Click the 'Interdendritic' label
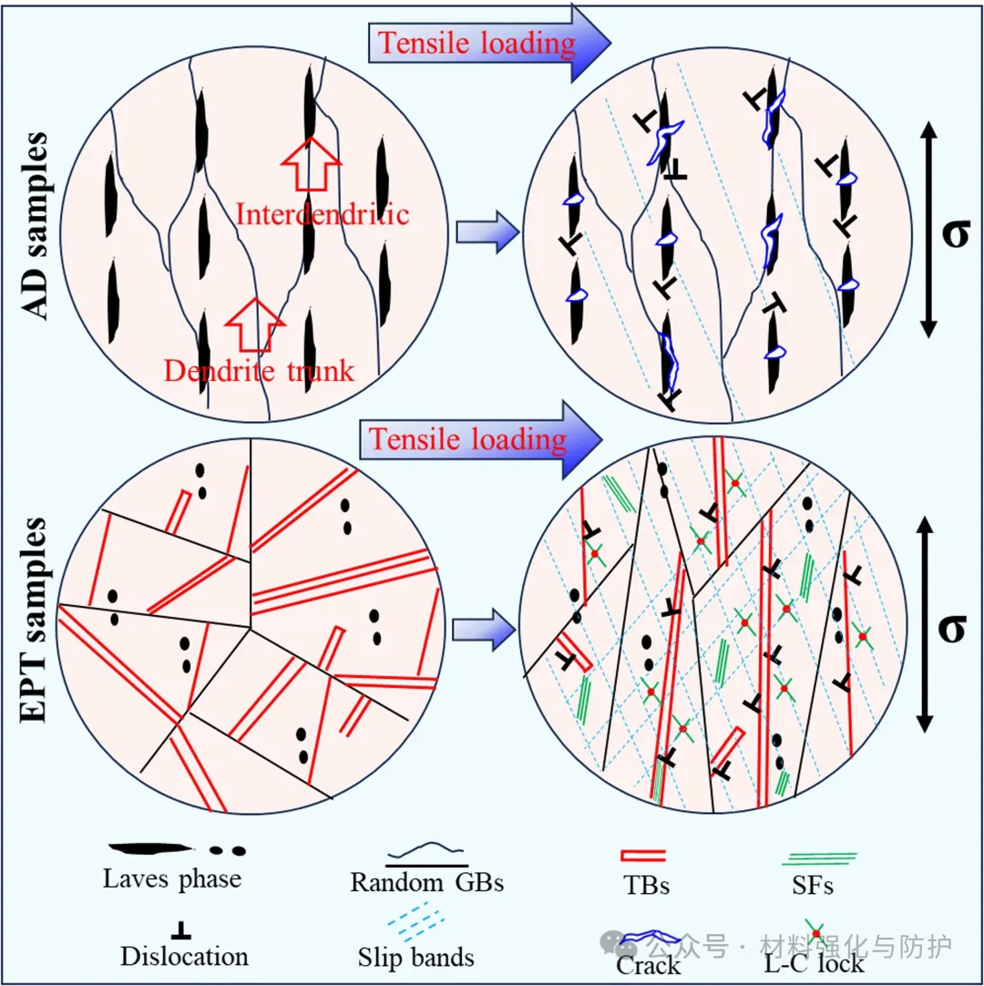coord(323,214)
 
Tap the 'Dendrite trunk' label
coord(259,371)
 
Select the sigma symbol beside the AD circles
coord(954,233)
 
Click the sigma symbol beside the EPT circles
coord(951,626)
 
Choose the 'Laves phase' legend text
coord(172,878)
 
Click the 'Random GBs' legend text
coord(427,881)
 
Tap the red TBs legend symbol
coord(642,855)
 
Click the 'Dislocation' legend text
coord(184,956)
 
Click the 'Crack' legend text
coord(650,964)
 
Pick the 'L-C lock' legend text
coord(814,962)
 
